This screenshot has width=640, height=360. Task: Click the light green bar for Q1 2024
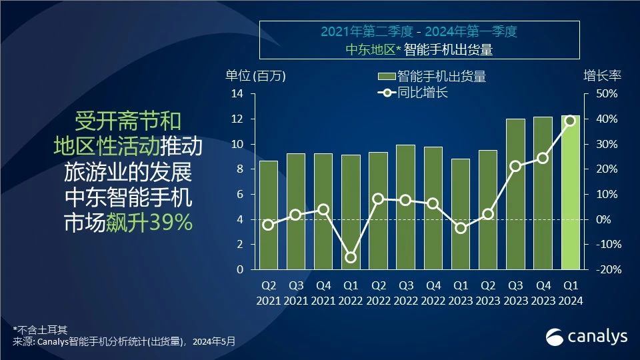[570, 193]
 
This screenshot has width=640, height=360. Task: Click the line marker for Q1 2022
[351, 257]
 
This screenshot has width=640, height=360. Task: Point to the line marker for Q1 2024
[570, 121]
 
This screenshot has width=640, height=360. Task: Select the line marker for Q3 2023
[515, 166]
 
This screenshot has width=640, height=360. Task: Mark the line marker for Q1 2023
[460, 228]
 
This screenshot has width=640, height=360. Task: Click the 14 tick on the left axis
[237, 94]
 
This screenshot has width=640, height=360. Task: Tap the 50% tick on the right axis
[607, 94]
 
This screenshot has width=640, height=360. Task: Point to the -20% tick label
[607, 270]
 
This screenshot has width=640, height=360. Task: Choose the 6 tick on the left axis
[239, 195]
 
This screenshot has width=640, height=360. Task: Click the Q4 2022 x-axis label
[433, 293]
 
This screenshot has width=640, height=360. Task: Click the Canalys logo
[587, 337]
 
